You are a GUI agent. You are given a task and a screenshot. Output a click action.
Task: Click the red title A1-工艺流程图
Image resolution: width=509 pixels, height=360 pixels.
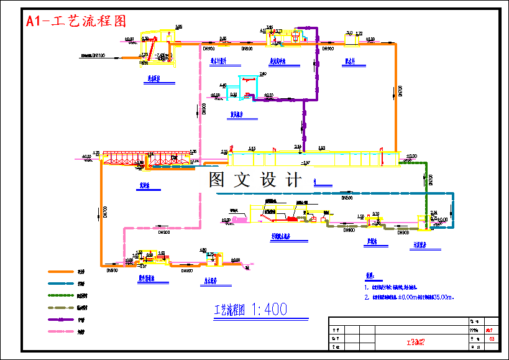pos(76,21)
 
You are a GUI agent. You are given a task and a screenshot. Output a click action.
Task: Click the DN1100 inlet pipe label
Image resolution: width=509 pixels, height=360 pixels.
pos(93,56)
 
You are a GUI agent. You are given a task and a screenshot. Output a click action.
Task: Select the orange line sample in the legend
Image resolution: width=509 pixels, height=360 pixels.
pos(62,272)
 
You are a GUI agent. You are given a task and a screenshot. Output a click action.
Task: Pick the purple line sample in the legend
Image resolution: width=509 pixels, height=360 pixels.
pos(62,320)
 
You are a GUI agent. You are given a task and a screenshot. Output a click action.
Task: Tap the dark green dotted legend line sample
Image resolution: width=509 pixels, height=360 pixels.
pos(62,296)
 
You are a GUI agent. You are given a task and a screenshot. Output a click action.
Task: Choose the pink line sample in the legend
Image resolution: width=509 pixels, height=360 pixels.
pos(62,331)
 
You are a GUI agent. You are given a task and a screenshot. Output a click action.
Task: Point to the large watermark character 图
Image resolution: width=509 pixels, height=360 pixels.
pos(217,180)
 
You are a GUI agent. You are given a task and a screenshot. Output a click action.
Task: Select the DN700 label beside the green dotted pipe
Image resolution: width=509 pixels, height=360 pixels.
pos(431,181)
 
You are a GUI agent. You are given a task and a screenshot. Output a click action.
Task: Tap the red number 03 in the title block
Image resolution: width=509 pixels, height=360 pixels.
pos(492,339)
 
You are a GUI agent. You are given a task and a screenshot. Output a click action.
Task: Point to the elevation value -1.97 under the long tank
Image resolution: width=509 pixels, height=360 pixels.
pos(305,163)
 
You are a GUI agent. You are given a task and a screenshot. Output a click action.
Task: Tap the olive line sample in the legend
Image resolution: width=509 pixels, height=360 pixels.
pos(62,308)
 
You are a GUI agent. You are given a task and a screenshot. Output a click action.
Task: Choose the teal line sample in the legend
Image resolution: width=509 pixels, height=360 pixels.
pos(62,284)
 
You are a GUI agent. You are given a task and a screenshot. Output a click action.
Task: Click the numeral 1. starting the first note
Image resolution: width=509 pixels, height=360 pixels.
pos(367,287)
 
